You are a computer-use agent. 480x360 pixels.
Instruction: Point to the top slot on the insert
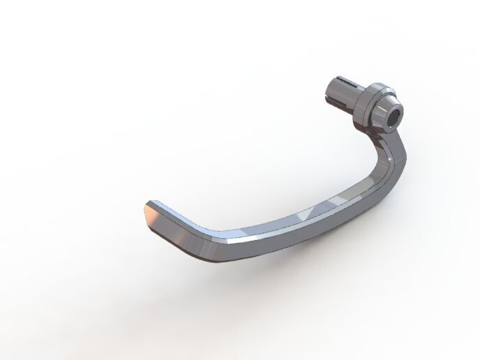[345, 79]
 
